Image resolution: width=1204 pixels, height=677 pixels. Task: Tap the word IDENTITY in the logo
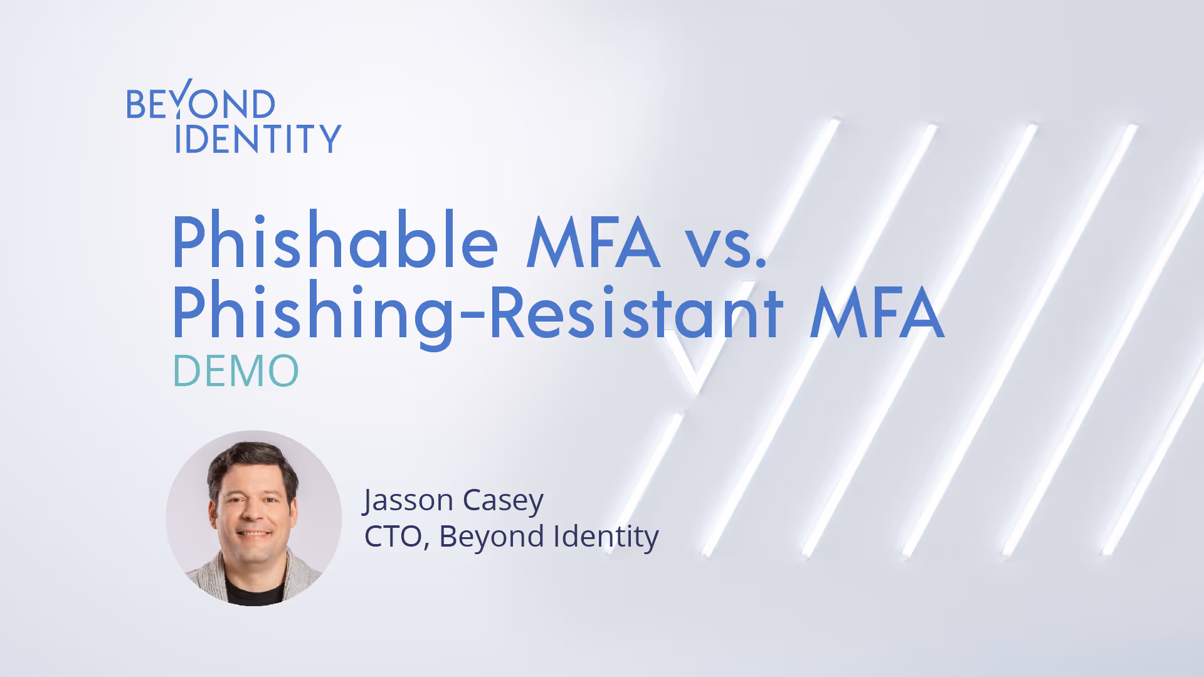click(x=258, y=139)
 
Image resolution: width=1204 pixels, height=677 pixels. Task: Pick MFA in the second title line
click(x=876, y=312)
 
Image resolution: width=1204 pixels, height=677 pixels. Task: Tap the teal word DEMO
click(x=236, y=371)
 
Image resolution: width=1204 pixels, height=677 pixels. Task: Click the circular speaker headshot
click(x=254, y=518)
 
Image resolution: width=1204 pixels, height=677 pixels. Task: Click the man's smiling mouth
click(x=253, y=534)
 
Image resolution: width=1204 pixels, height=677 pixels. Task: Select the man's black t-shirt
click(x=254, y=593)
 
